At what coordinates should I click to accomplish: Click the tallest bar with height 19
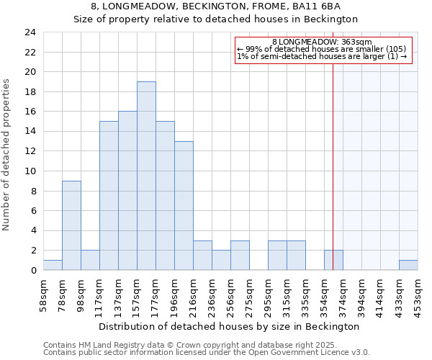[146, 176]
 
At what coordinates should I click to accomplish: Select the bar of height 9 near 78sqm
[71, 225]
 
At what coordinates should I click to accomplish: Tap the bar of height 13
[184, 205]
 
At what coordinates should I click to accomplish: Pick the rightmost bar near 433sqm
[408, 265]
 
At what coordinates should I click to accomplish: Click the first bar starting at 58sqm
[53, 265]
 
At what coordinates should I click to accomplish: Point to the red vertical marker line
[333, 158]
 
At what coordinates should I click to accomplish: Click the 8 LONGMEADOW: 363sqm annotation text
[323, 42]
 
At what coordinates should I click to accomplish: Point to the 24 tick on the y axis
[30, 32]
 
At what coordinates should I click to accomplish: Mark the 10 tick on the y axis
[30, 171]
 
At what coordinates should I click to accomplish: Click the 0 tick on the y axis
[32, 271]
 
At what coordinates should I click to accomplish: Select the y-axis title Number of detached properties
[8, 155]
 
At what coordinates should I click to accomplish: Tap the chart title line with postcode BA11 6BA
[216, 6]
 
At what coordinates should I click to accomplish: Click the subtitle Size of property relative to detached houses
[216, 19]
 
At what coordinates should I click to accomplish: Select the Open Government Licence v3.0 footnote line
[207, 353]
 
